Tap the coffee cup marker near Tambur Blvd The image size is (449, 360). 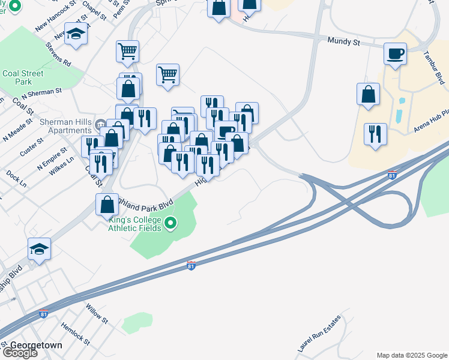(x=396, y=54)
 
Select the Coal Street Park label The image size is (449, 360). (x=23, y=77)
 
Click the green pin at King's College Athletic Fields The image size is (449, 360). (x=171, y=224)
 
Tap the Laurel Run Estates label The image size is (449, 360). (x=319, y=333)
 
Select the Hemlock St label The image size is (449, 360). (x=75, y=334)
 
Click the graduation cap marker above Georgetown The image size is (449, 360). (x=39, y=248)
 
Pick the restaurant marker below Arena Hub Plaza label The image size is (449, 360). (x=375, y=134)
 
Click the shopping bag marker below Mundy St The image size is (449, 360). (x=368, y=94)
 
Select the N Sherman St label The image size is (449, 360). (x=41, y=94)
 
